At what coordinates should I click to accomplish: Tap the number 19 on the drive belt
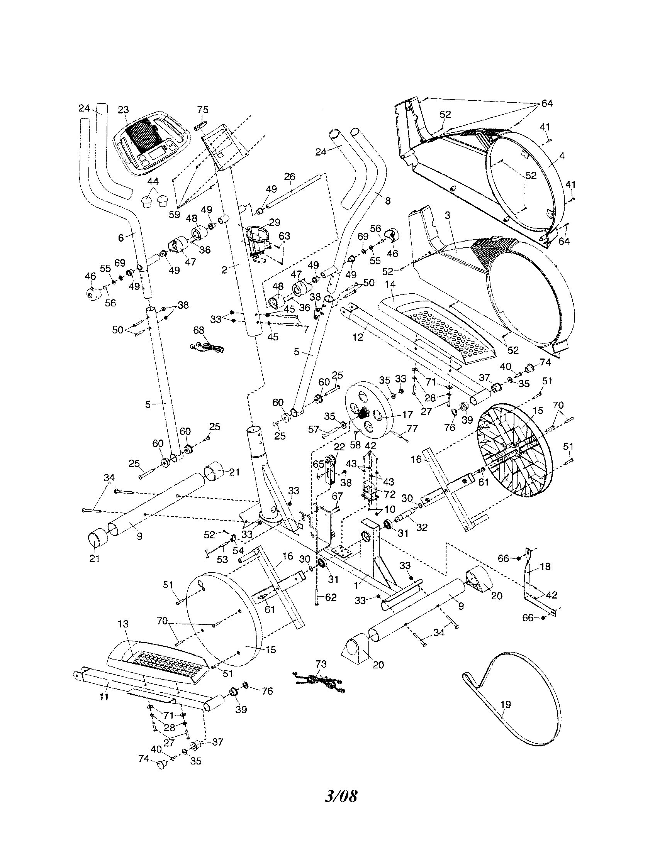pos(506,704)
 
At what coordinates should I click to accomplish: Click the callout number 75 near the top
pos(203,110)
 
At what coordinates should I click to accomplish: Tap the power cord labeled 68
pos(208,346)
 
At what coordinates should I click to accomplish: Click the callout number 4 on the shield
pos(562,156)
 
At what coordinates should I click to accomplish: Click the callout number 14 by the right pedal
pos(390,285)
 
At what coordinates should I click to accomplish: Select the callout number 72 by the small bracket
pos(389,494)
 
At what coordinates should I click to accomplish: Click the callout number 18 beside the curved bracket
pos(546,567)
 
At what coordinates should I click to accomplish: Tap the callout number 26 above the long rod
pos(290,176)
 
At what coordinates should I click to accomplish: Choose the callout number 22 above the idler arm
pos(339,447)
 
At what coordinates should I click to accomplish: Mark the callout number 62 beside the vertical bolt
pos(331,597)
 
